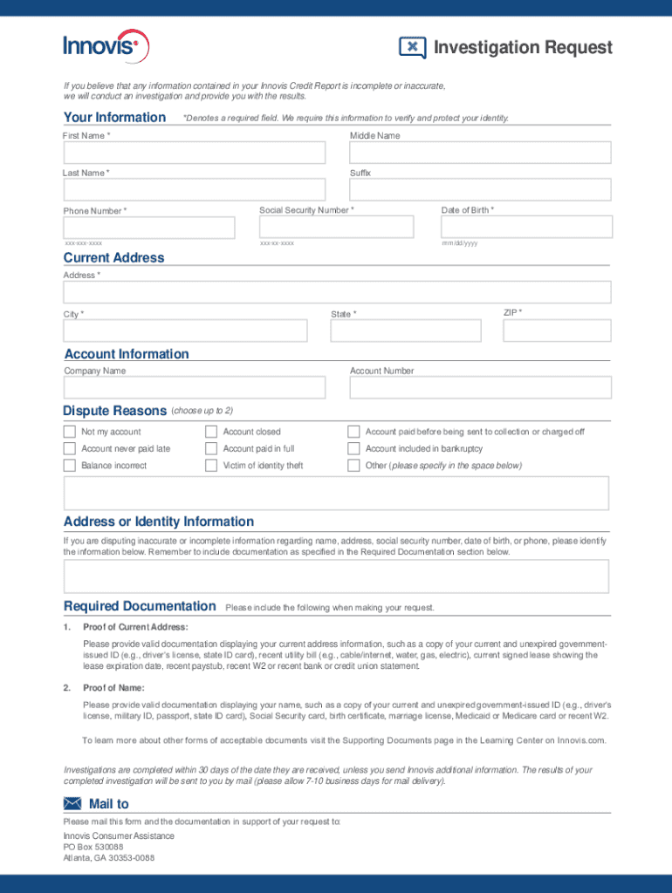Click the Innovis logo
click(106, 44)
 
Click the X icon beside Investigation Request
click(412, 47)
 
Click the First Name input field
click(194, 153)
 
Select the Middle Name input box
click(480, 153)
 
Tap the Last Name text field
click(194, 190)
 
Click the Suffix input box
click(480, 190)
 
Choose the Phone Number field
click(149, 228)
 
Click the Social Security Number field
click(337, 227)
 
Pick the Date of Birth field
click(527, 227)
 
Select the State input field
click(406, 331)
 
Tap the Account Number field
click(480, 387)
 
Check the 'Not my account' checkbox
click(70, 432)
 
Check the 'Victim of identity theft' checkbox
click(211, 466)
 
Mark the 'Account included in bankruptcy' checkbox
click(353, 448)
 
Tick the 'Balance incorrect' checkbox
click(70, 466)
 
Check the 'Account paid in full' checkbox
click(211, 448)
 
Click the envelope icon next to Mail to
click(73, 804)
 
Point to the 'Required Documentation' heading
click(140, 606)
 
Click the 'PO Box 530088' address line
click(93, 847)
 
